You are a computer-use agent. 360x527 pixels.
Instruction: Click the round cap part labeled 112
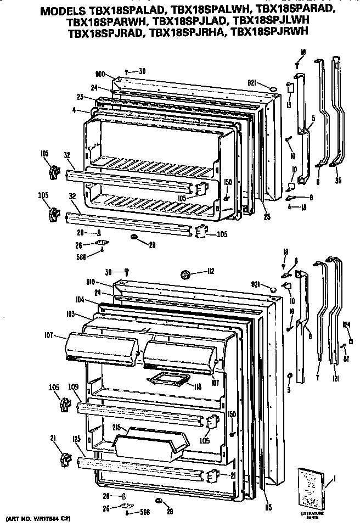pyautogui.click(x=185, y=273)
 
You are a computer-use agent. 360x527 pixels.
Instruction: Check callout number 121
pyautogui.click(x=335, y=379)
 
